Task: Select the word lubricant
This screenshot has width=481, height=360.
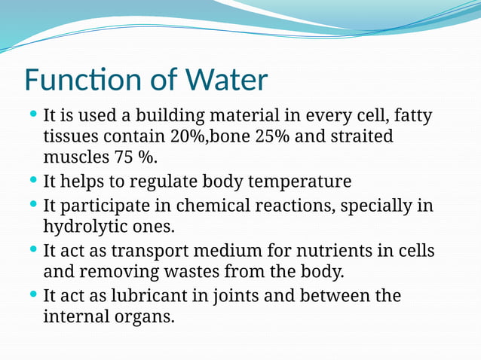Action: (x=131, y=295)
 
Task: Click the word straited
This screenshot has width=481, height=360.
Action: (x=362, y=137)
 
